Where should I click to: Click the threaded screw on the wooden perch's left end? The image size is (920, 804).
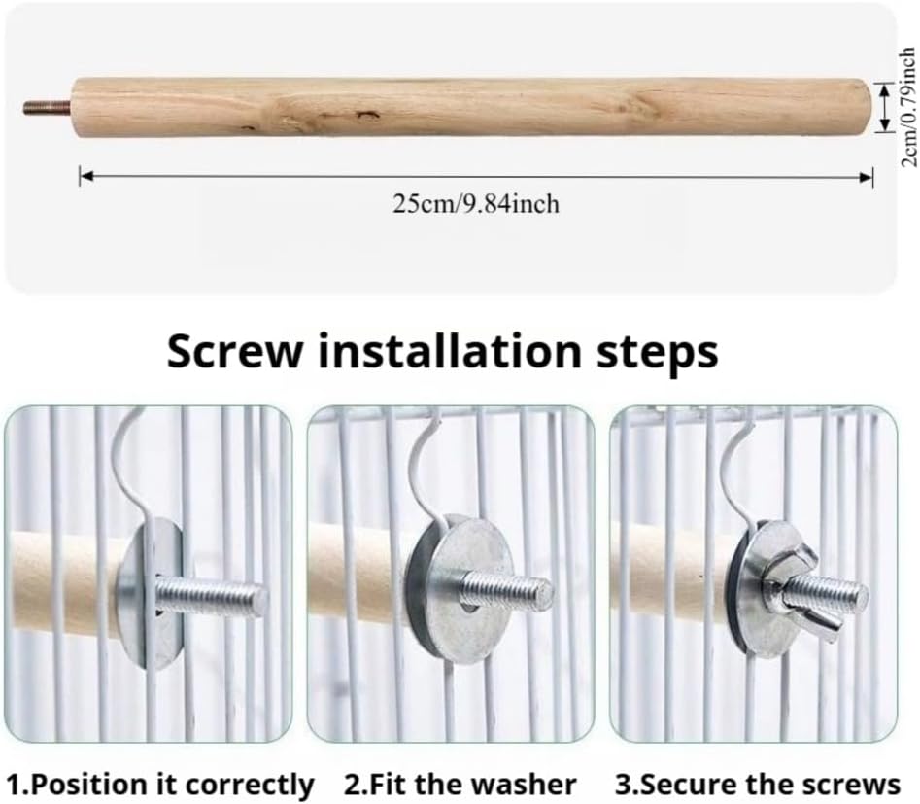(48, 108)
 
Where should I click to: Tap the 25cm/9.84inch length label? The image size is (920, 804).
(476, 204)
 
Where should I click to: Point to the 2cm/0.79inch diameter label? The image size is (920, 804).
(907, 108)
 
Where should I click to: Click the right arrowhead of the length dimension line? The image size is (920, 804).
(866, 177)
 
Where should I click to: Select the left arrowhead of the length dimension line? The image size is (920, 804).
(86, 176)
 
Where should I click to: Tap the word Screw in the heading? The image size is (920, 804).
(235, 351)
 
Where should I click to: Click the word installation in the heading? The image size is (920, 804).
(450, 351)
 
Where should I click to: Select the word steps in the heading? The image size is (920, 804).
(657, 353)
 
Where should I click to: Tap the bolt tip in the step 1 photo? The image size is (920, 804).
(258, 600)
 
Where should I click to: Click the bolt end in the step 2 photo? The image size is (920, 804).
(543, 593)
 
